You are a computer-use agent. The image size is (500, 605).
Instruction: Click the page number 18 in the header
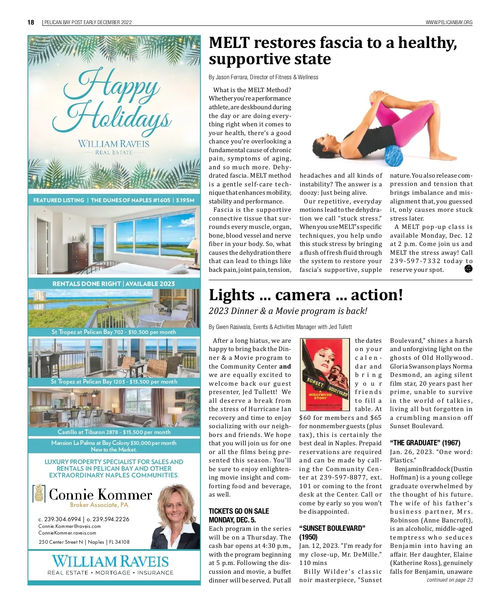tap(31, 23)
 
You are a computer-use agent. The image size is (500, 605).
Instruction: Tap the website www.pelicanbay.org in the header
tap(449, 23)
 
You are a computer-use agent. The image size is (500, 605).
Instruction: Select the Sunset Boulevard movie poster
tap(325, 373)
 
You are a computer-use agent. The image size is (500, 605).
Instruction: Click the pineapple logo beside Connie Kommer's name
tap(39, 494)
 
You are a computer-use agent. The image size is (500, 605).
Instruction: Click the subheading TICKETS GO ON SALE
tap(239, 511)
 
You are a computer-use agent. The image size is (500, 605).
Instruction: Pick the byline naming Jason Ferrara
tap(263, 77)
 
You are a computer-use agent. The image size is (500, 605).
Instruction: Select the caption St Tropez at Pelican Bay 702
tap(114, 332)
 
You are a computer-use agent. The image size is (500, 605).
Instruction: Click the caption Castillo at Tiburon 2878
tap(114, 432)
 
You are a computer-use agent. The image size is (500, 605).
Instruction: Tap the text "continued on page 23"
tap(450, 580)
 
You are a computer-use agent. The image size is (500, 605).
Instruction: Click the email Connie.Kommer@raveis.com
tap(70, 526)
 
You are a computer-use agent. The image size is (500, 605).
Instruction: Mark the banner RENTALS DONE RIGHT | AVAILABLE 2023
tap(114, 284)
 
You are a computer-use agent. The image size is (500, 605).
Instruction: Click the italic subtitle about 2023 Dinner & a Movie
tap(288, 311)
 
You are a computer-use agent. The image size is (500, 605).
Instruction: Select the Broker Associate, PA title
tap(99, 505)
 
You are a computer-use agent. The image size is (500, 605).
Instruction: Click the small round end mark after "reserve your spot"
tap(468, 269)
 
